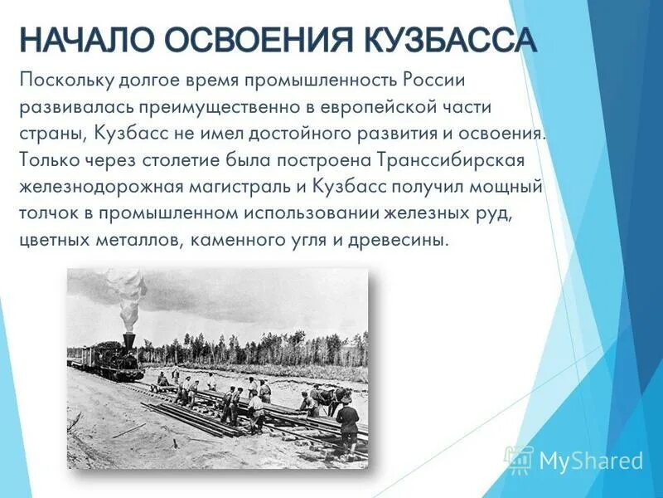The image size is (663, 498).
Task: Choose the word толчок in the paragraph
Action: tap(49, 212)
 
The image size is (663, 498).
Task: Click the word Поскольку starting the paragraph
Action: tap(65, 81)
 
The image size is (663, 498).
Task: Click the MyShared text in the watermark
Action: tap(591, 461)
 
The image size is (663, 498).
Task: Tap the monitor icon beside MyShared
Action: tap(519, 459)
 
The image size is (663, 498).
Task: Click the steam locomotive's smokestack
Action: tap(129, 339)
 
